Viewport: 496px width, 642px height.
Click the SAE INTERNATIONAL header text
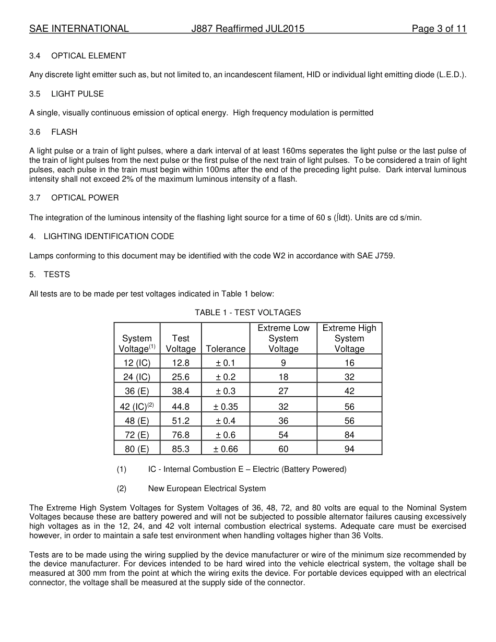point(79,29)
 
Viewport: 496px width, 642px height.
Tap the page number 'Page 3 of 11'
point(439,29)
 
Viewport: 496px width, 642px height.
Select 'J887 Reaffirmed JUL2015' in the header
point(247,29)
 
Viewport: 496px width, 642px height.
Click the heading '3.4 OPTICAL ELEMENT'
point(78,56)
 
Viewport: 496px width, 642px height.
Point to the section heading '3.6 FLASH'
point(53,132)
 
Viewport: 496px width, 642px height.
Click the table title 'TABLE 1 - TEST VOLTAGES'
point(247,313)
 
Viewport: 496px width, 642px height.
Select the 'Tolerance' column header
point(226,349)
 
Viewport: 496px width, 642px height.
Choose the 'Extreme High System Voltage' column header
point(349,338)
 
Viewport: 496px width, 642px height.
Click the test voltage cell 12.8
point(181,363)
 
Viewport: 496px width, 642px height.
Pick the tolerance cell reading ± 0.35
point(226,407)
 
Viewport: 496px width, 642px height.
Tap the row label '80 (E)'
point(136,449)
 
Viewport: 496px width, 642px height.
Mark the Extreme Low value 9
point(283,363)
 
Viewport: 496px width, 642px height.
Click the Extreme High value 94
point(349,449)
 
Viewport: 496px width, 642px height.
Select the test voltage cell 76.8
point(181,435)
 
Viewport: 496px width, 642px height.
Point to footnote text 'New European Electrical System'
point(207,489)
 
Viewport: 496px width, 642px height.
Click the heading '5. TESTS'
point(50,275)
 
